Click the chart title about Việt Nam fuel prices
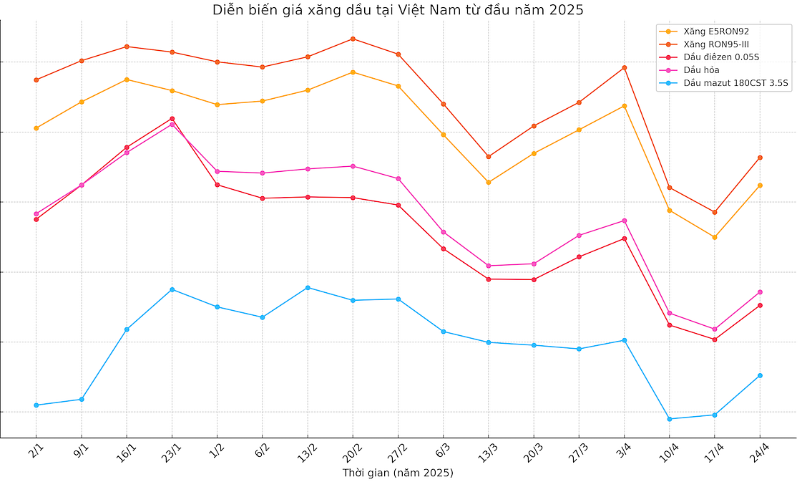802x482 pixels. [x=398, y=10]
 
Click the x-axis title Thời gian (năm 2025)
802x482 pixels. [x=398, y=473]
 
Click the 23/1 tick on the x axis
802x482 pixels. [x=171, y=451]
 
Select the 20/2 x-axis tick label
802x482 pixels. [x=352, y=451]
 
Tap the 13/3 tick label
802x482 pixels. [x=488, y=451]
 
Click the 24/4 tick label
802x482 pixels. [x=759, y=451]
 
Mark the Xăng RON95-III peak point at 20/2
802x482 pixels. [x=353, y=39]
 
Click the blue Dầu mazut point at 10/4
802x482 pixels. [x=670, y=419]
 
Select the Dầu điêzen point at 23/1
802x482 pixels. [x=172, y=118]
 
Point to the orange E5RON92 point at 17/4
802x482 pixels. [x=715, y=237]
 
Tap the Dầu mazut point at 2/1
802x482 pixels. [x=36, y=405]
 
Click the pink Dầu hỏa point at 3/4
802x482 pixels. [x=625, y=221]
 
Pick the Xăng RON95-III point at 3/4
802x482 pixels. [x=625, y=67]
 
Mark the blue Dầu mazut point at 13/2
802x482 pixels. [x=308, y=288]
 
